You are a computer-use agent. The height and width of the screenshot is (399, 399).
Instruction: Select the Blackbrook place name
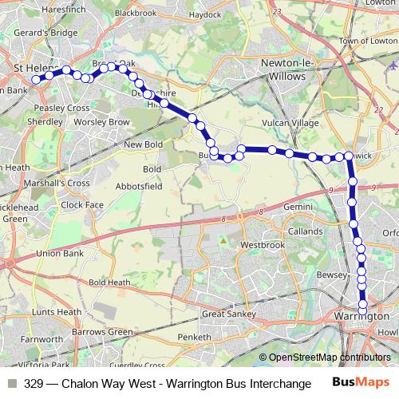click(135, 14)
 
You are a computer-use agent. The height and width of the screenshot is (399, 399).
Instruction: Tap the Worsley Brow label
click(101, 122)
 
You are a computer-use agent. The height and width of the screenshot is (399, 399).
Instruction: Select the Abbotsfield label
click(140, 185)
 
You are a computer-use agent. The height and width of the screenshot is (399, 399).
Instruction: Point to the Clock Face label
click(82, 204)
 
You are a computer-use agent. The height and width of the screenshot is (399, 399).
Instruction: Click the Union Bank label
click(61, 254)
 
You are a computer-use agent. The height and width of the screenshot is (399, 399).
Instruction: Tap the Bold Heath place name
click(109, 282)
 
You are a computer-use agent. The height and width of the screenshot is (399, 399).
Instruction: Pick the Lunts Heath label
click(55, 311)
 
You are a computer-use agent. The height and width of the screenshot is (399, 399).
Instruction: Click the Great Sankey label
click(227, 314)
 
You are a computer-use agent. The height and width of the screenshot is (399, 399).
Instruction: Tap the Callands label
click(306, 231)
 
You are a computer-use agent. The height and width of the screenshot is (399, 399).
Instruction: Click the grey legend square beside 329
click(11, 384)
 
